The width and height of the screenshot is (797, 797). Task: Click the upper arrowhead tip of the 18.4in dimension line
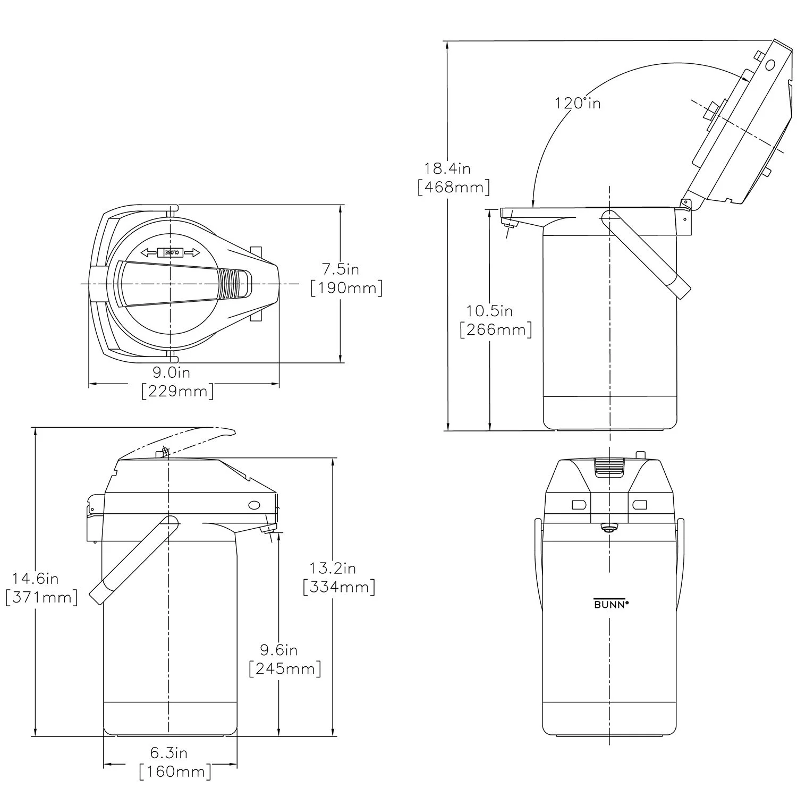[x=449, y=41]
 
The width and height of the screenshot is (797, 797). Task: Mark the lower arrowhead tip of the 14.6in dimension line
[x=36, y=736]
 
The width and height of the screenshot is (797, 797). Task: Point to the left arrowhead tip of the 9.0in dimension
[x=88, y=383]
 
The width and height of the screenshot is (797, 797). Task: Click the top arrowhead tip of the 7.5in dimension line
[x=340, y=205]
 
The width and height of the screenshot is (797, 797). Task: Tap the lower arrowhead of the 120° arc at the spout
[x=533, y=206]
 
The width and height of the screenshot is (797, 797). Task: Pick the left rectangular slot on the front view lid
[x=578, y=504]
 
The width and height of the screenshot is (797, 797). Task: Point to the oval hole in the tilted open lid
[x=770, y=65]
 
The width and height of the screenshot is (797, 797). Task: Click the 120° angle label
[x=578, y=103]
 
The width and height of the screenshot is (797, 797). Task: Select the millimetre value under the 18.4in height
[x=454, y=188]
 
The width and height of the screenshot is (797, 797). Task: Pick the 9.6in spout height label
[x=278, y=650]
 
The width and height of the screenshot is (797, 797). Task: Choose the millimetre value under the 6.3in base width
[x=175, y=771]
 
